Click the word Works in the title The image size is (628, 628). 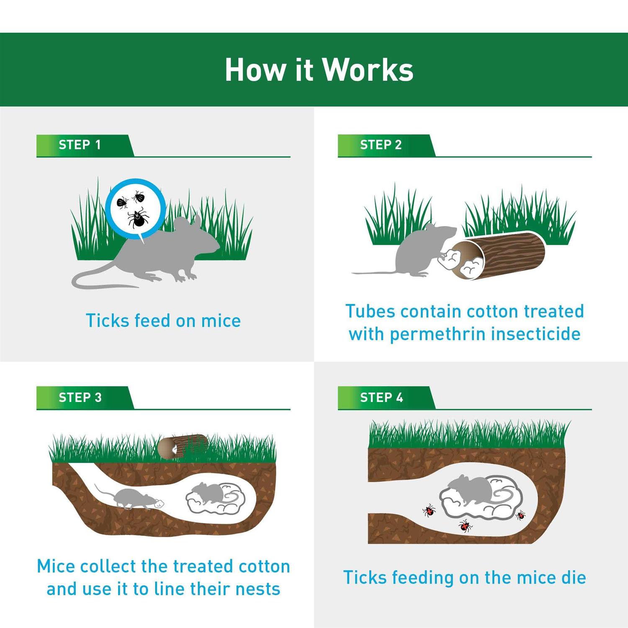(x=368, y=69)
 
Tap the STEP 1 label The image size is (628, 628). (x=80, y=145)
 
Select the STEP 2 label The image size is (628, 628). (x=381, y=145)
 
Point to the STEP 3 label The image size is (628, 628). (x=80, y=397)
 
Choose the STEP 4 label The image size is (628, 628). (x=381, y=397)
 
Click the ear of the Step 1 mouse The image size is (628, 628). (x=196, y=221)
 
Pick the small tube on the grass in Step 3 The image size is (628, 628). (x=183, y=446)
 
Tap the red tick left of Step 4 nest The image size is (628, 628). (x=429, y=510)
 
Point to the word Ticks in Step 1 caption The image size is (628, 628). (x=107, y=321)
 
